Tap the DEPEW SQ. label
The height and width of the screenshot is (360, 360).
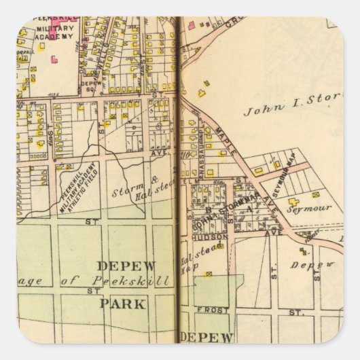pyautogui.click(x=89, y=86)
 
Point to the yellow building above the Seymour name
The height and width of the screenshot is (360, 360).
pyautogui.click(x=294, y=201)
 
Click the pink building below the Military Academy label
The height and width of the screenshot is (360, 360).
pyautogui.click(x=54, y=59)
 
